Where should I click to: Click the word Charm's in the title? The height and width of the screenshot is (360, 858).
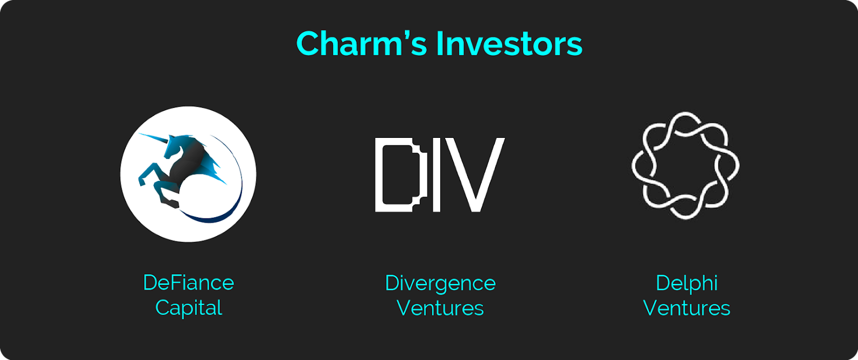point(361,43)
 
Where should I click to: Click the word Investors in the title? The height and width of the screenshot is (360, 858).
point(509,43)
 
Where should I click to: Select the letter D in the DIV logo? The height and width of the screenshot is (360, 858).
point(401,174)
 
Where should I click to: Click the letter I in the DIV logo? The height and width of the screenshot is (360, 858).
point(437,174)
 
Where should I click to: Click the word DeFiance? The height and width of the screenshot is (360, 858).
point(188,283)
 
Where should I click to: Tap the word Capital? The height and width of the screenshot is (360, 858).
point(188,308)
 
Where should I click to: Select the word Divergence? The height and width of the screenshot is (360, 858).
point(440,284)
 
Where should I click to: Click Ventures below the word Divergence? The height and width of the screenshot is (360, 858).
point(440,308)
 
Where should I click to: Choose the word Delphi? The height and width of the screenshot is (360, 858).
point(686,284)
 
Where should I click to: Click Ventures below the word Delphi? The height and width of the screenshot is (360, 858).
point(686,308)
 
